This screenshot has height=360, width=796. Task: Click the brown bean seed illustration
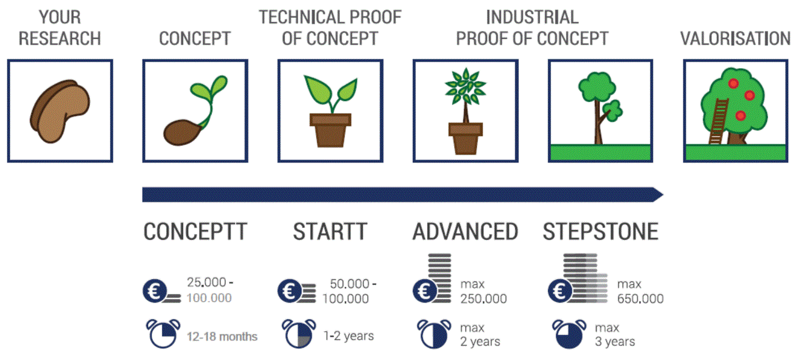click(60, 111)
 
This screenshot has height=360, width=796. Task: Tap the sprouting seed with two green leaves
click(195, 111)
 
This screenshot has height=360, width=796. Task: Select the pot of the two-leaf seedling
click(331, 130)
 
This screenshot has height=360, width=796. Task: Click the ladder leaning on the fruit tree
click(718, 121)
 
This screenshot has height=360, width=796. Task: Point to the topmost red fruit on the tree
click(733, 83)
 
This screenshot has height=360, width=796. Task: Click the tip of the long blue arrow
click(663, 195)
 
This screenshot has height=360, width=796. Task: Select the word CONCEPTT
click(195, 232)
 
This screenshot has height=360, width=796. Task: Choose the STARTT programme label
click(330, 232)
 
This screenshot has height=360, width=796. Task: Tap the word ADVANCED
click(465, 232)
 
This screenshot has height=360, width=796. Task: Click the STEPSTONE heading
click(601, 232)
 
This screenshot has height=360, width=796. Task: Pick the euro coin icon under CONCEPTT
click(155, 291)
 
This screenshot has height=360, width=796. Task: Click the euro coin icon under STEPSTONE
click(559, 291)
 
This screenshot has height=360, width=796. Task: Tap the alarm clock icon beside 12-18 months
click(163, 334)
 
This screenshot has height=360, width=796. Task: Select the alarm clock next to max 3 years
click(569, 334)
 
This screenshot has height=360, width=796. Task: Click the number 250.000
click(484, 299)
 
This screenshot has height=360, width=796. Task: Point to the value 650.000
click(640, 299)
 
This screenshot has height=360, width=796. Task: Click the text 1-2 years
click(349, 336)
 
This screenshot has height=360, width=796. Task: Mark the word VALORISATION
click(735, 39)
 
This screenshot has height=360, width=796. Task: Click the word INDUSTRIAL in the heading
click(532, 17)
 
